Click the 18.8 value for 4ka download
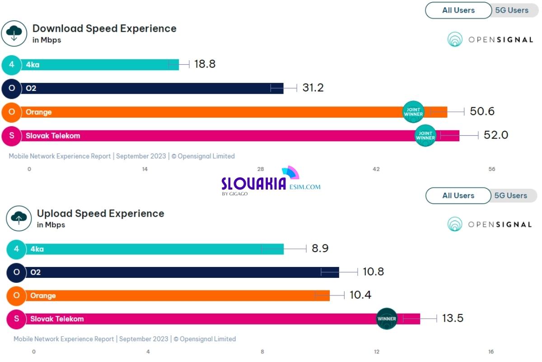(x=205, y=64)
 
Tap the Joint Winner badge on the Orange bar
(x=413, y=112)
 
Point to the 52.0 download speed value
(x=495, y=135)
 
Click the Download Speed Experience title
(x=104, y=29)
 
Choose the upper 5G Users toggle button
(x=511, y=10)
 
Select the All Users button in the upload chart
(x=458, y=195)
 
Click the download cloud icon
(x=14, y=33)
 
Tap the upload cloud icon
(x=19, y=218)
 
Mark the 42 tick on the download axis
(x=376, y=169)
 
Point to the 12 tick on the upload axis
(x=377, y=352)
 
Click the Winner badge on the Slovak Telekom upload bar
(x=387, y=319)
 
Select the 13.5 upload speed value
(x=453, y=319)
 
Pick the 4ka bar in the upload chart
(x=154, y=249)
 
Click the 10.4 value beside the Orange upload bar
(x=360, y=295)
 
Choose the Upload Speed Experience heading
(x=100, y=214)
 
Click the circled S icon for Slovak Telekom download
(x=12, y=136)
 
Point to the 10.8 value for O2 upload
(x=373, y=272)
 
